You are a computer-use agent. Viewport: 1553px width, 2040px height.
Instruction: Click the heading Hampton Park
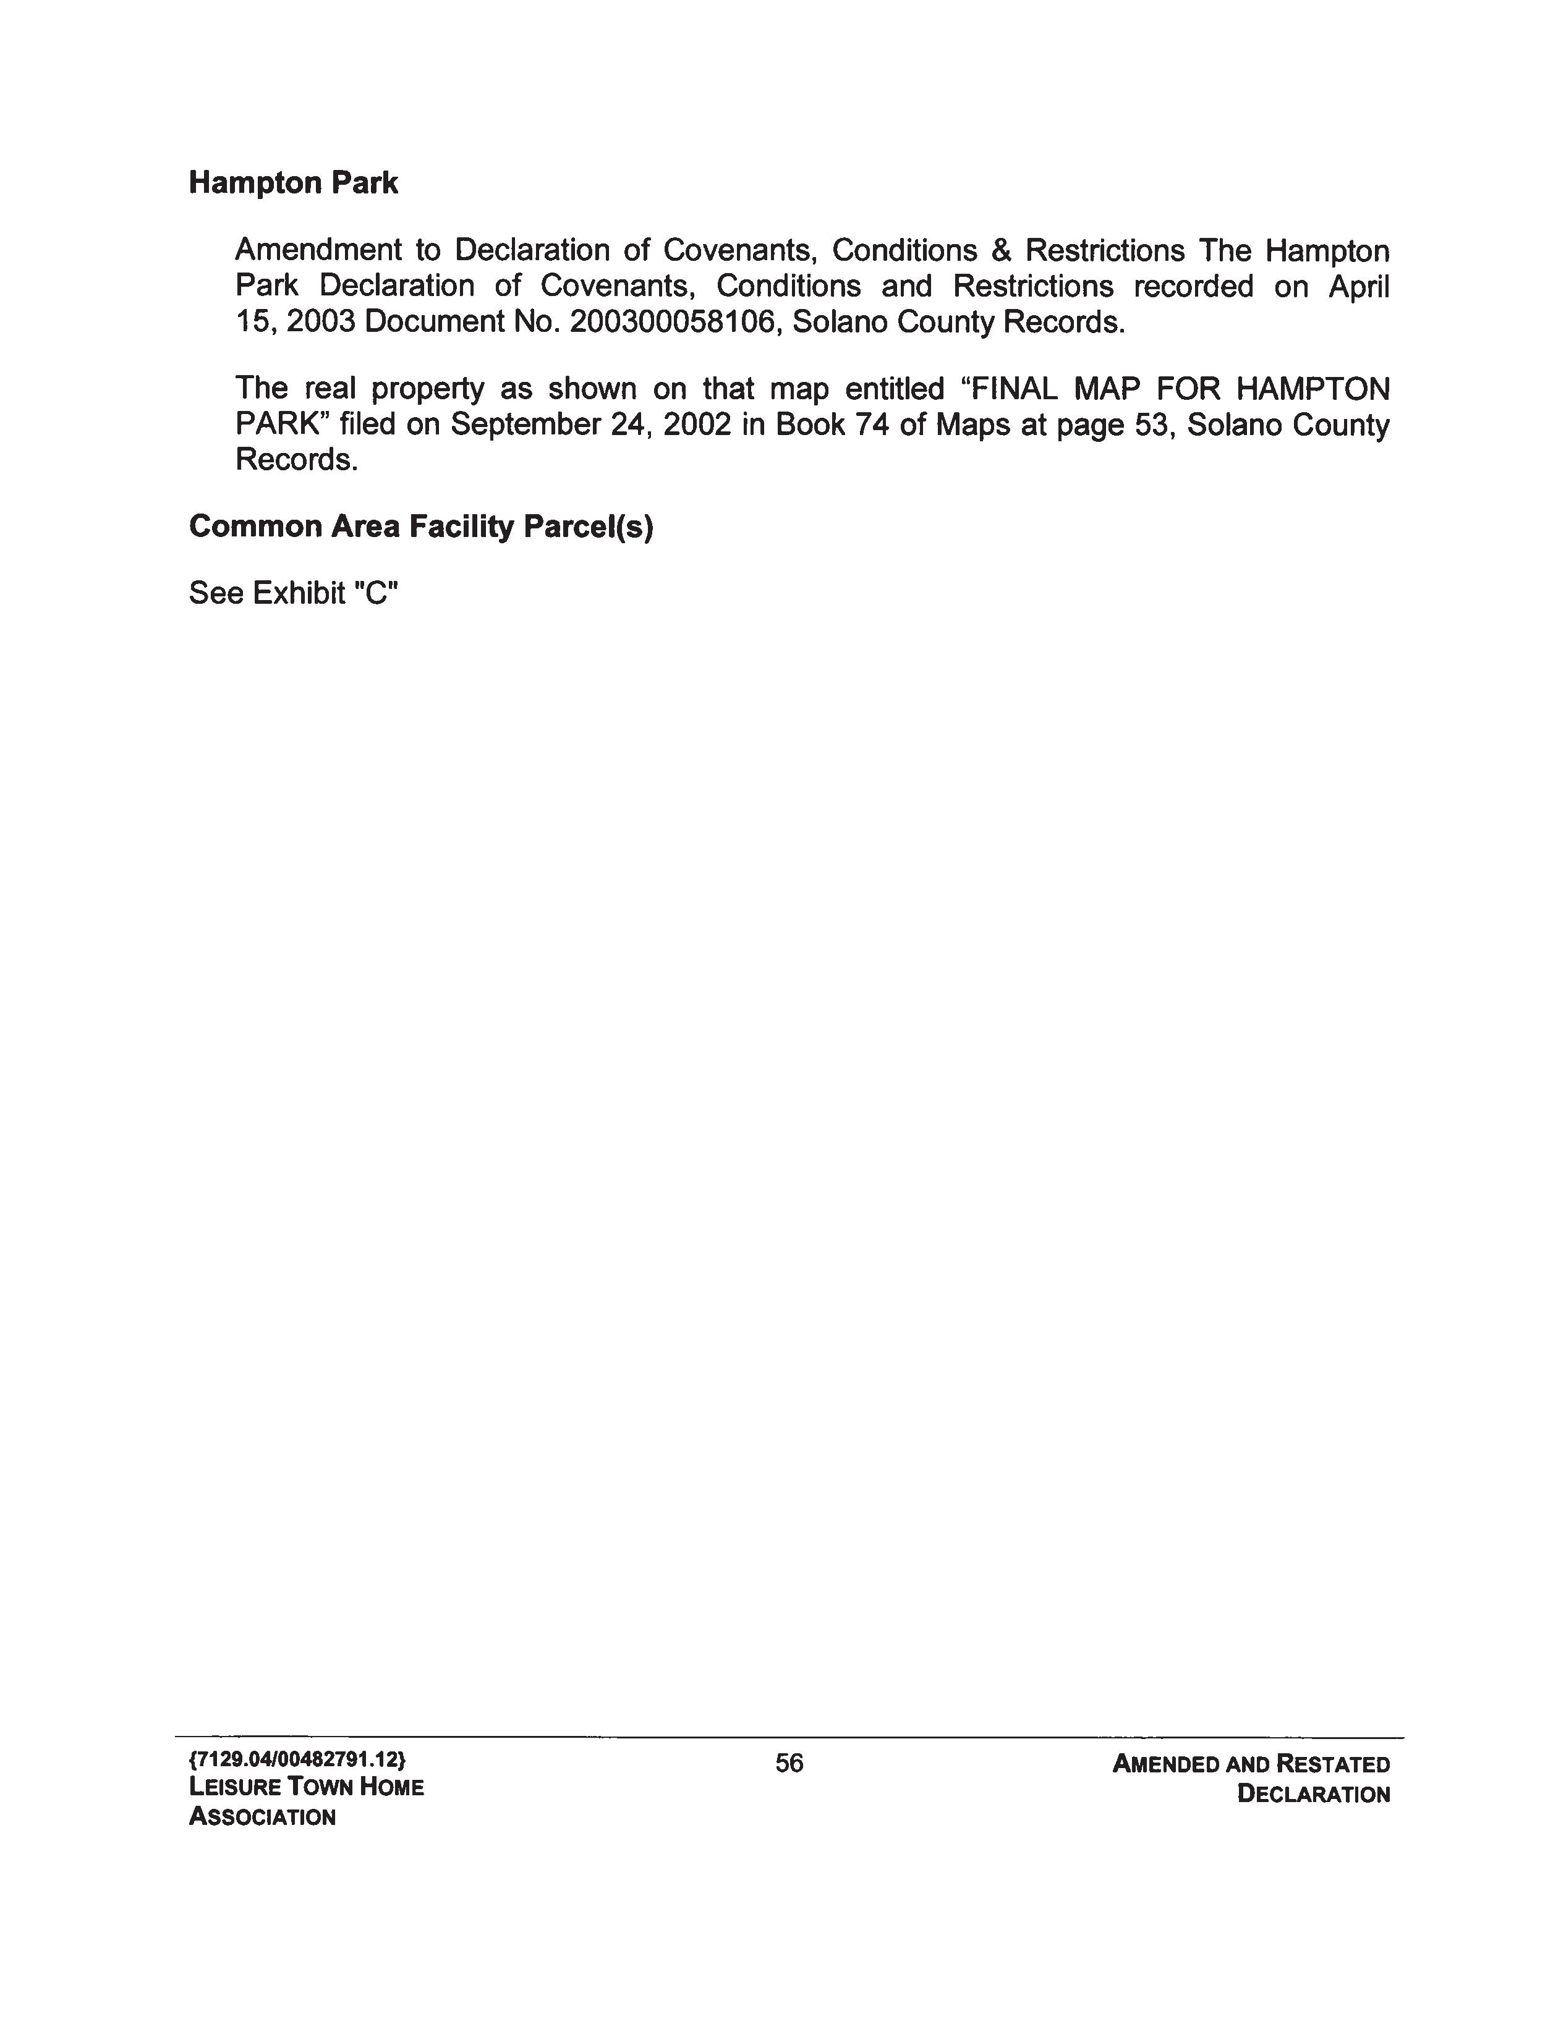pos(293,183)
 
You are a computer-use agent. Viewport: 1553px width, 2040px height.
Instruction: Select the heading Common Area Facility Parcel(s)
pos(420,527)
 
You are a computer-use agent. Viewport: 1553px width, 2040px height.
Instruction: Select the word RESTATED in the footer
pos(1332,1764)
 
